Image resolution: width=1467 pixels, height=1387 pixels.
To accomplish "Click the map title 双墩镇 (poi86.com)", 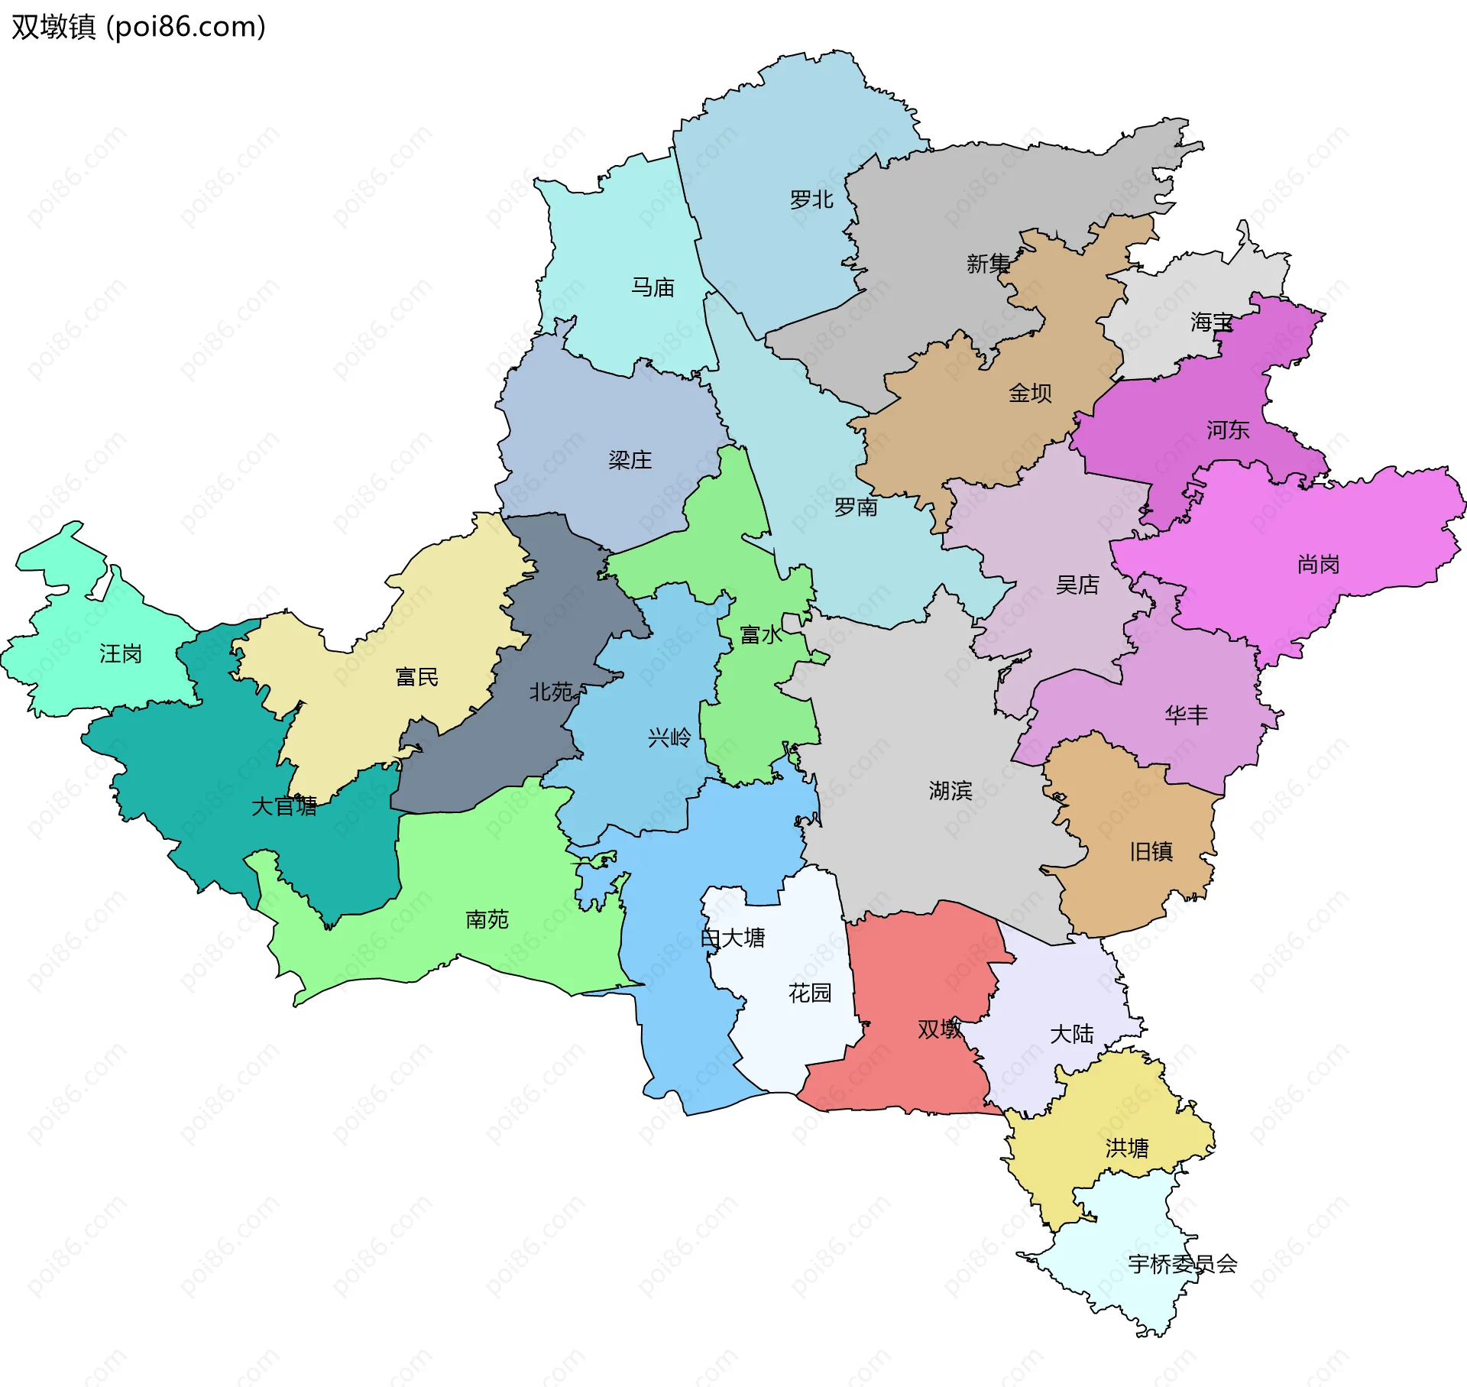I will coord(138,27).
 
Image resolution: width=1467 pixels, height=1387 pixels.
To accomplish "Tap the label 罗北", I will coord(811,200).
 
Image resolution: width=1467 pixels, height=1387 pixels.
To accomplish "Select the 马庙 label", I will coord(653,287).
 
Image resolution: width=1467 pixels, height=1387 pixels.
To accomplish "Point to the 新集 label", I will coord(988,264).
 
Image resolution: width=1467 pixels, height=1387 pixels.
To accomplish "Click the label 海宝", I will coord(1212,322).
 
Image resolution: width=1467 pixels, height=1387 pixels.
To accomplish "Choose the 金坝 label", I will coord(1030,393).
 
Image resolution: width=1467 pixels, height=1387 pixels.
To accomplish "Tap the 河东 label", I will coord(1228,430).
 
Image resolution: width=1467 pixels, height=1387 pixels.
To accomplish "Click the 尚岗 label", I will coord(1319,565).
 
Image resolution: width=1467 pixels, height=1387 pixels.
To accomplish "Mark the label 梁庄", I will coord(630,460).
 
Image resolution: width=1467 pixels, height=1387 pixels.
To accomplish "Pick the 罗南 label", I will coord(856,507).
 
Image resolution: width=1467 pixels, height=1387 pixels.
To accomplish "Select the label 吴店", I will coord(1077,585).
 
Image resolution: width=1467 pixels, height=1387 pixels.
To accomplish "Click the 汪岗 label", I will coord(121,654).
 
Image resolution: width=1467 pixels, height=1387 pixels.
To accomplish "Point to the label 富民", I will coord(417,677).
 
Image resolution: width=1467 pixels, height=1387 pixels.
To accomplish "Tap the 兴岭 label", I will coord(669,738).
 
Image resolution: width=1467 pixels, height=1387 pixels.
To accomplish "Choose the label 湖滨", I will coord(950,791).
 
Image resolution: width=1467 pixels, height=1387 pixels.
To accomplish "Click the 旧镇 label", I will coord(1151,851).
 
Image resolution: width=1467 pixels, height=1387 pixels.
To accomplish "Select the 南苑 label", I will coord(487,919).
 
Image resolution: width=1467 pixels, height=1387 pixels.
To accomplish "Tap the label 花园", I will coord(810,993).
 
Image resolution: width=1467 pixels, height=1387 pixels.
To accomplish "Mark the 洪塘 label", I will coord(1127,1149).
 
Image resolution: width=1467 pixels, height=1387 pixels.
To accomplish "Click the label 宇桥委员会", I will coord(1183,1265).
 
